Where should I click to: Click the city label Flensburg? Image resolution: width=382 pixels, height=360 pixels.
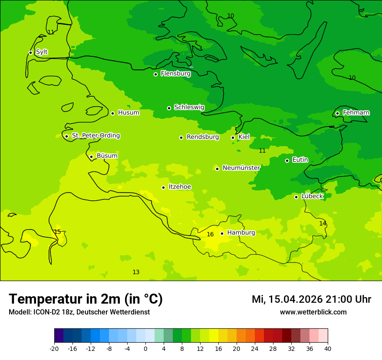pyautogui.click(x=175, y=74)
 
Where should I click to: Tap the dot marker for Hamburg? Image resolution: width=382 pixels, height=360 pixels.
pyautogui.click(x=222, y=233)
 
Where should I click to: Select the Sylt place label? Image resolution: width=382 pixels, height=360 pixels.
pyautogui.click(x=42, y=52)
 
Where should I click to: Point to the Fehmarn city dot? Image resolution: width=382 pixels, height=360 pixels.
pyautogui.click(x=337, y=113)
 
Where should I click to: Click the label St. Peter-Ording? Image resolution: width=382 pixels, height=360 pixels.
pyautogui.click(x=95, y=136)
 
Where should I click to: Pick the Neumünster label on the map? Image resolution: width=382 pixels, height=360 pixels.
pyautogui.click(x=241, y=168)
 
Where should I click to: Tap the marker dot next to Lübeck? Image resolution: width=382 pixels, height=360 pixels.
pyautogui.click(x=296, y=197)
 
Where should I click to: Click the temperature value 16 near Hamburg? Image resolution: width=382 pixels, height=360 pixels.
pyautogui.click(x=210, y=235)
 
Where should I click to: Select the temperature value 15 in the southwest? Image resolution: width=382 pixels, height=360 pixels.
pyautogui.click(x=57, y=232)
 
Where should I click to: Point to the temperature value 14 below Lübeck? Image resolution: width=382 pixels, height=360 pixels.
pyautogui.click(x=323, y=223)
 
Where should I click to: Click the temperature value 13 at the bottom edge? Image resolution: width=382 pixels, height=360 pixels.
pyautogui.click(x=136, y=272)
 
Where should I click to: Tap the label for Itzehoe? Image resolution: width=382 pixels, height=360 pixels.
pyautogui.click(x=180, y=187)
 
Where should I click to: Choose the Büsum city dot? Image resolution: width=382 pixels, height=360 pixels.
pyautogui.click(x=91, y=157)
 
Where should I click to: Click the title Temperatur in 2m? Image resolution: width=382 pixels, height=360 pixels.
pyautogui.click(x=86, y=299)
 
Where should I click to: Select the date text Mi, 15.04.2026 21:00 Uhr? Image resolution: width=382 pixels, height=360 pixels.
pyautogui.click(x=311, y=299)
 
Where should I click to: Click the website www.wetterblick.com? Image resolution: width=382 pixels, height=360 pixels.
pyautogui.click(x=313, y=312)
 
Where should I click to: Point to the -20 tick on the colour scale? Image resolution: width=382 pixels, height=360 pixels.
pyautogui.click(x=54, y=348)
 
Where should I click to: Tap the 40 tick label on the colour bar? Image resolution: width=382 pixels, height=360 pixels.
pyautogui.click(x=328, y=348)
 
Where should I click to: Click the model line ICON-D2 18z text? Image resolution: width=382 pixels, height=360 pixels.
pyautogui.click(x=79, y=312)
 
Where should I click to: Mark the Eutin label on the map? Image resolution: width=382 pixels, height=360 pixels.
pyautogui.click(x=300, y=160)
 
